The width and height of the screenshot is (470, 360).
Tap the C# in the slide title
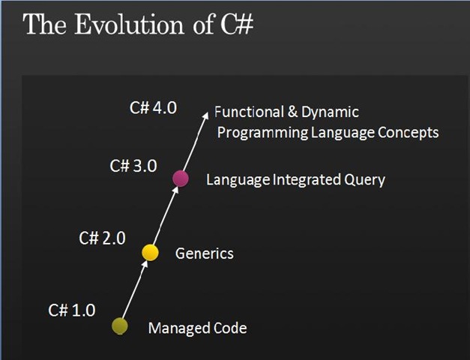click(237, 25)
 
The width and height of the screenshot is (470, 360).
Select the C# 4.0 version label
click(153, 108)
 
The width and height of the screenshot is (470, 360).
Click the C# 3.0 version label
click(133, 166)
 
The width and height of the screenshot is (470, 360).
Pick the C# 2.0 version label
click(102, 238)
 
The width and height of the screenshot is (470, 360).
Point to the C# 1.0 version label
click(72, 310)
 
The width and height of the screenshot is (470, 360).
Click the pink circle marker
click(181, 178)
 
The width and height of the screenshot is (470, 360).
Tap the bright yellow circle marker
click(150, 253)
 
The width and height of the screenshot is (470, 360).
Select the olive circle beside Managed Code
click(120, 326)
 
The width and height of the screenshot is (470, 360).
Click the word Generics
click(205, 253)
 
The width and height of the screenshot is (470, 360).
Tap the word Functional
click(249, 112)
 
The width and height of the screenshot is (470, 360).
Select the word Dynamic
click(330, 112)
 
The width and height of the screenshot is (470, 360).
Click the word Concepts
click(409, 133)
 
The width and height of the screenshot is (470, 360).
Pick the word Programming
click(262, 133)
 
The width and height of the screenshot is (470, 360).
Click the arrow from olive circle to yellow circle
click(135, 289)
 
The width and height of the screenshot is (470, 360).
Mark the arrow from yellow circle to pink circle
click(166, 216)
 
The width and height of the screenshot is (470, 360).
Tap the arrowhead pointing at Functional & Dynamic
click(205, 116)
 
